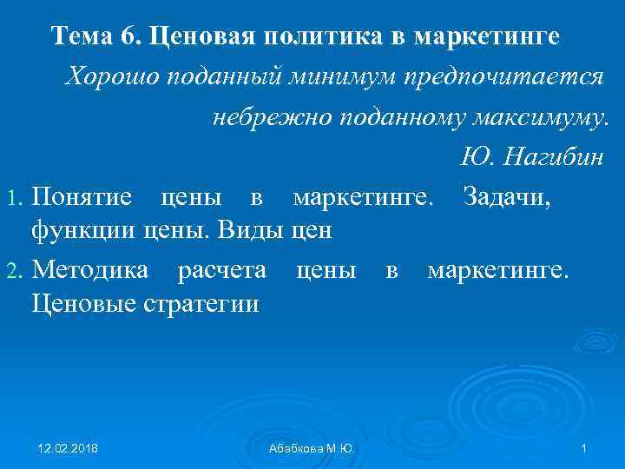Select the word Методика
[x=89, y=269]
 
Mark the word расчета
[x=221, y=269]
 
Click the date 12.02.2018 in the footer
[x=69, y=447]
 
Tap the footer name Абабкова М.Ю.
[x=312, y=447]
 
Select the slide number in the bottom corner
[x=584, y=447]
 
